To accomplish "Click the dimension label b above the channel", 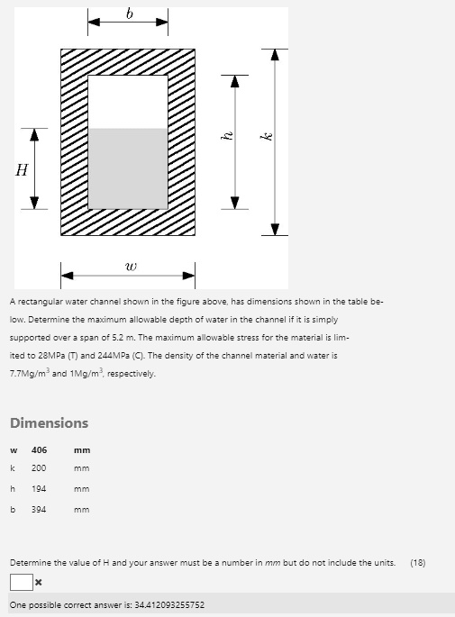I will point(128,13).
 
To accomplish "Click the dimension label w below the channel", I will point(132,266).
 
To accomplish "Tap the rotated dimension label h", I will point(229,137).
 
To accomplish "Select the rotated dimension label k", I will point(266,137).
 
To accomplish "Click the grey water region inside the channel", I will point(128,169).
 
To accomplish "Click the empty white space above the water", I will point(128,101).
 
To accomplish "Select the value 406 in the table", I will point(40,449).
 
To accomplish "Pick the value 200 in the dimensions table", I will point(40,468).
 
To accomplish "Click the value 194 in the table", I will point(40,489).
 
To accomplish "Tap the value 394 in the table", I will point(40,510).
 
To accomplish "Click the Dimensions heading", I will point(49,422).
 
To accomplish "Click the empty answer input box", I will point(21,584).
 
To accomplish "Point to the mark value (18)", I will point(417,563).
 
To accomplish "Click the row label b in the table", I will point(13,510).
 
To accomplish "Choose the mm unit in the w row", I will point(82,449).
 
